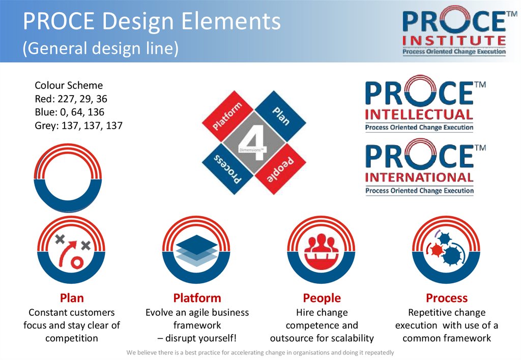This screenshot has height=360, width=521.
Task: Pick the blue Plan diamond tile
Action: (x=280, y=116)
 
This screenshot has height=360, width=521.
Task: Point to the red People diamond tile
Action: (x=280, y=168)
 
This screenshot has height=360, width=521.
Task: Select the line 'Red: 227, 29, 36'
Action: (x=71, y=99)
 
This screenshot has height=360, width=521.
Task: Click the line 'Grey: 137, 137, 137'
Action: (x=78, y=125)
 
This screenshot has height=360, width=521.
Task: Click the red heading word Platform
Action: (x=197, y=298)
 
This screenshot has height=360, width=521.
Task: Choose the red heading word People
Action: (x=322, y=298)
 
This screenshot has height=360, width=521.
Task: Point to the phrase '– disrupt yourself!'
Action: (x=197, y=338)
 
